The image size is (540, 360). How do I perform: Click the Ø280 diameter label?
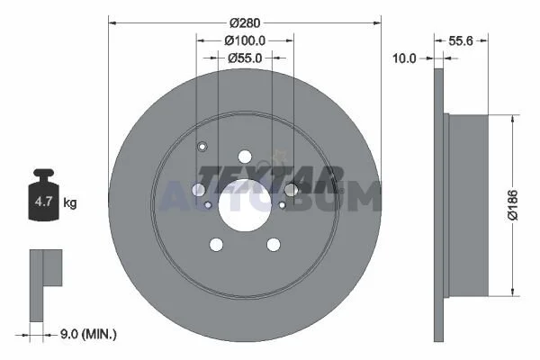coord(245,23)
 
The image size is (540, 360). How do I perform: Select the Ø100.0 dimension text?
coord(245,40)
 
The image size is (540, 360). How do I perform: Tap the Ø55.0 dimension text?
coord(245,58)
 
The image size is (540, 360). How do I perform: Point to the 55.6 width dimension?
coord(461,41)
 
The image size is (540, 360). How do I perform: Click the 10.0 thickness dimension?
coord(404,58)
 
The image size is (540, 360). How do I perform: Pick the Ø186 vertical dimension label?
coord(513,204)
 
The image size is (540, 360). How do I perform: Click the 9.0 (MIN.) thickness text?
coord(88,334)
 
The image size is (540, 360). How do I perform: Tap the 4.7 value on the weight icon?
coord(43,202)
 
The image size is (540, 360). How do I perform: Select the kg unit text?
coord(70,202)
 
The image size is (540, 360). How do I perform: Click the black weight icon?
coord(43,194)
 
